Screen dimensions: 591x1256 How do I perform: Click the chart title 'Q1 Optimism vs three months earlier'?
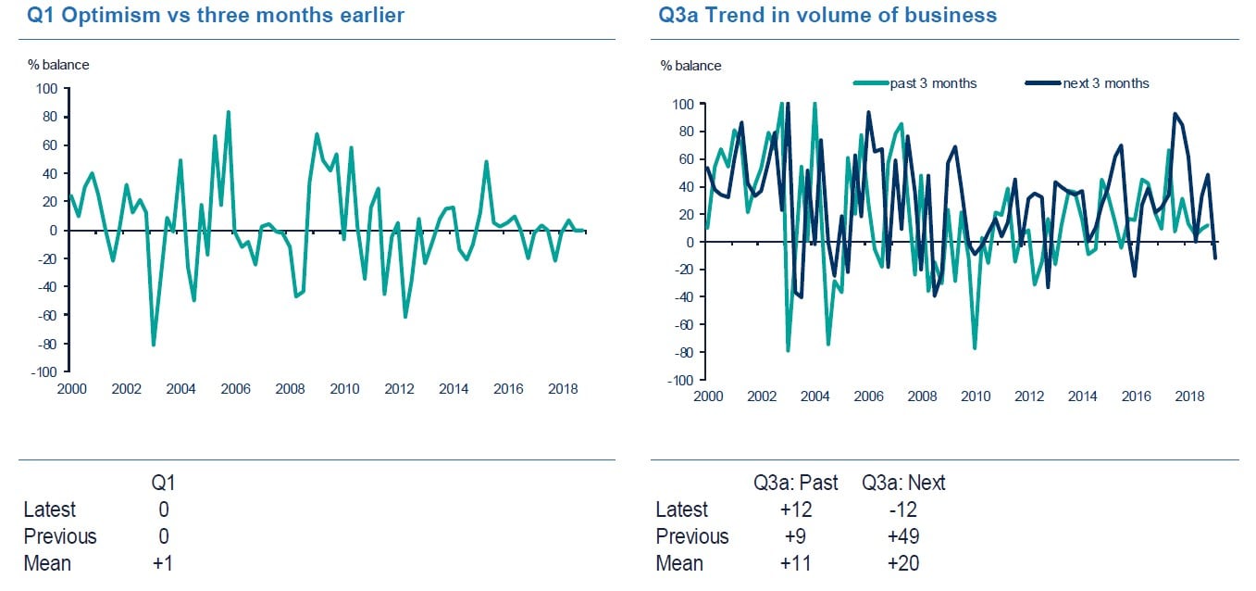pyautogui.click(x=215, y=16)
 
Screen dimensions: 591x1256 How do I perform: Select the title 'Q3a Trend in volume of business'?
pyautogui.click(x=827, y=16)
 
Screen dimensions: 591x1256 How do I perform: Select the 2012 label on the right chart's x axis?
pyautogui.click(x=1029, y=396)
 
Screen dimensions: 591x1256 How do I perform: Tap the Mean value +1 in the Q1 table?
pyautogui.click(x=162, y=563)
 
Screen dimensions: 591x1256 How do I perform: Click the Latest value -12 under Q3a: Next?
pyautogui.click(x=902, y=509)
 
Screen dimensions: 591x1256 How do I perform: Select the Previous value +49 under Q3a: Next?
pyautogui.click(x=902, y=536)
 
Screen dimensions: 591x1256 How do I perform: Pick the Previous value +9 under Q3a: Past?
pyautogui.click(x=796, y=536)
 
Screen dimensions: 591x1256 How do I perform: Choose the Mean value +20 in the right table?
pyautogui.click(x=902, y=563)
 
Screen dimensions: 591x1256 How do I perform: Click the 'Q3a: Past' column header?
pyautogui.click(x=796, y=483)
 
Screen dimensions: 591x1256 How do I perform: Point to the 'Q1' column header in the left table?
pyautogui.click(x=162, y=483)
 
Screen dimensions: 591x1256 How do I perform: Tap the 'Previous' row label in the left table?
pyautogui.click(x=59, y=536)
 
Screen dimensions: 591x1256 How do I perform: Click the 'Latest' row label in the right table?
pyautogui.click(x=681, y=509)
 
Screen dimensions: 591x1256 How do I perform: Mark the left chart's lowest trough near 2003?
pyautogui.click(x=153, y=345)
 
